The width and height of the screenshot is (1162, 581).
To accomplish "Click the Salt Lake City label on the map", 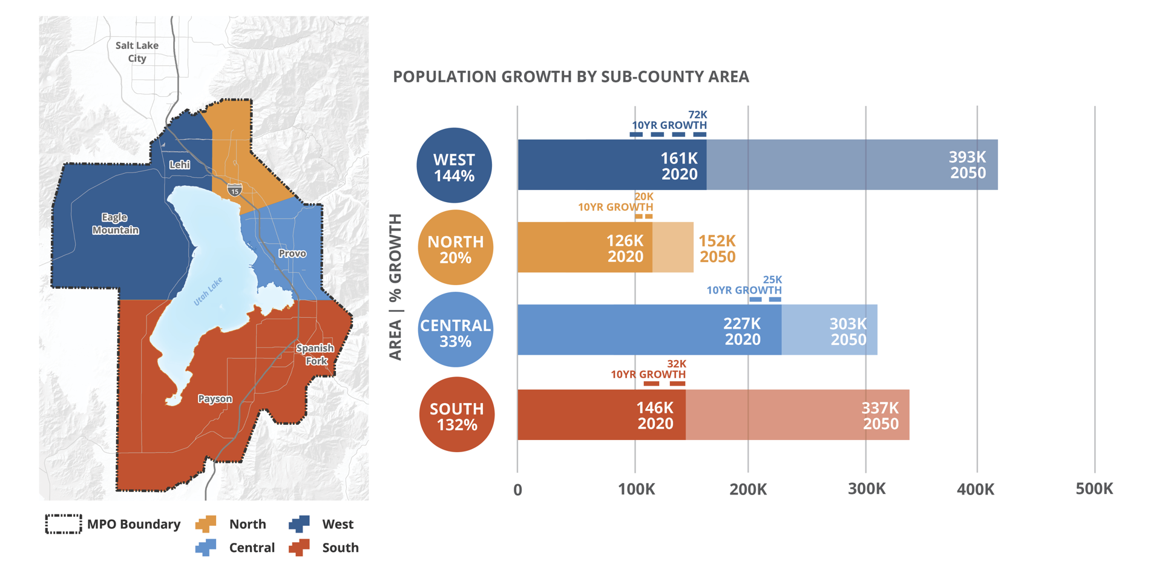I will click(x=137, y=51).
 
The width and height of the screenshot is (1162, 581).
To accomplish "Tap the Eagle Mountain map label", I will click(x=115, y=223).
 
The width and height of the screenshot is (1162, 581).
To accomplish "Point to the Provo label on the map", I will click(x=292, y=254).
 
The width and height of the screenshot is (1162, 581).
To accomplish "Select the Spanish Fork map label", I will click(x=315, y=355).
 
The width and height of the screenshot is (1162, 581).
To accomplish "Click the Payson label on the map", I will click(x=215, y=399).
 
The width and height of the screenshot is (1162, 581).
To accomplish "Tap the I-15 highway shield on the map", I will click(x=235, y=190).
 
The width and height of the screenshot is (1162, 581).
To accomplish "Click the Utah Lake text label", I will click(x=208, y=291).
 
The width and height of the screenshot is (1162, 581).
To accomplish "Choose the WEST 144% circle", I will click(x=454, y=165).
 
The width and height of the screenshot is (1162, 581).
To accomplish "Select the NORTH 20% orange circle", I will click(x=455, y=248).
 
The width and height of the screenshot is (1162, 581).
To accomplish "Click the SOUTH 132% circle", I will click(x=456, y=415).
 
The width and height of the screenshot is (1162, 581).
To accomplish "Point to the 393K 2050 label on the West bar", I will click(x=967, y=165).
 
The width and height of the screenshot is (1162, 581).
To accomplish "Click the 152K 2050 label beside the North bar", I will click(x=717, y=248).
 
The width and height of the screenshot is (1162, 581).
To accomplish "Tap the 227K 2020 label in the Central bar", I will click(x=742, y=331).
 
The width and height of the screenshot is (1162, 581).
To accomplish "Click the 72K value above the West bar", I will click(x=697, y=115).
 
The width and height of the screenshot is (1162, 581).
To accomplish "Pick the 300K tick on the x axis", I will click(x=866, y=489).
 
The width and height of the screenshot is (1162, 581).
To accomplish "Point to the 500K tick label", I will click(x=1094, y=489).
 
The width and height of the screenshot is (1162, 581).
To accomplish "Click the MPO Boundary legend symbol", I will click(x=64, y=524).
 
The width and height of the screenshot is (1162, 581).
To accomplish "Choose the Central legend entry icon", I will click(x=206, y=548).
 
